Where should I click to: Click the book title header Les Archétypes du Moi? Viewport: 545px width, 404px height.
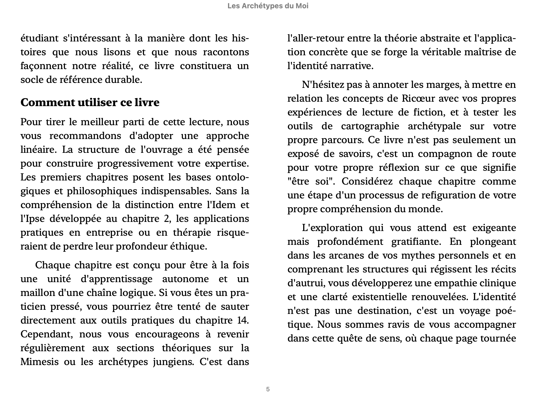click(268, 6)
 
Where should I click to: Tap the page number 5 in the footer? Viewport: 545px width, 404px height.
click(268, 389)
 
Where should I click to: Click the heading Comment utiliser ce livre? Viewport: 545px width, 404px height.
click(90, 103)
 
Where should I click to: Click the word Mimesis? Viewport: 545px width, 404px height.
click(39, 362)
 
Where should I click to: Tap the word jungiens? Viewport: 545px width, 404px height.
click(173, 362)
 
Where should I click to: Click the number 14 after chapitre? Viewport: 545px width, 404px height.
click(242, 321)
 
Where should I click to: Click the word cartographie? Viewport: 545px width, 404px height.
click(370, 126)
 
